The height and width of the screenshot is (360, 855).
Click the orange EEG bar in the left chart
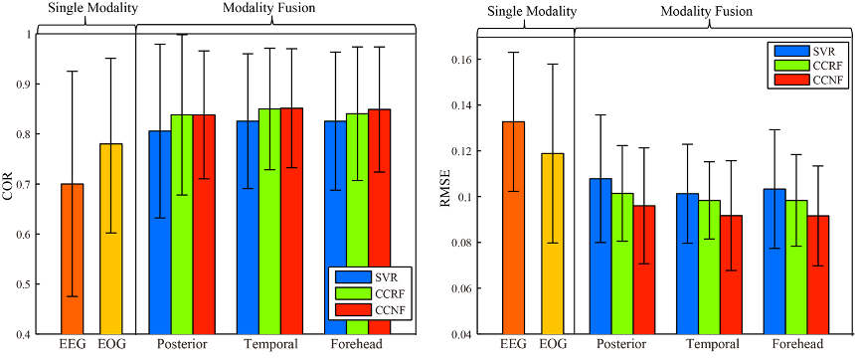pyautogui.click(x=73, y=259)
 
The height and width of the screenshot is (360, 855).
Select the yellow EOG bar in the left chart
pyautogui.click(x=110, y=239)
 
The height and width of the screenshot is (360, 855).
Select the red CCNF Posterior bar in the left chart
pyautogui.click(x=204, y=224)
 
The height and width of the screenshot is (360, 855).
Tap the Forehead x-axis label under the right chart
pyautogui.click(x=798, y=344)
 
